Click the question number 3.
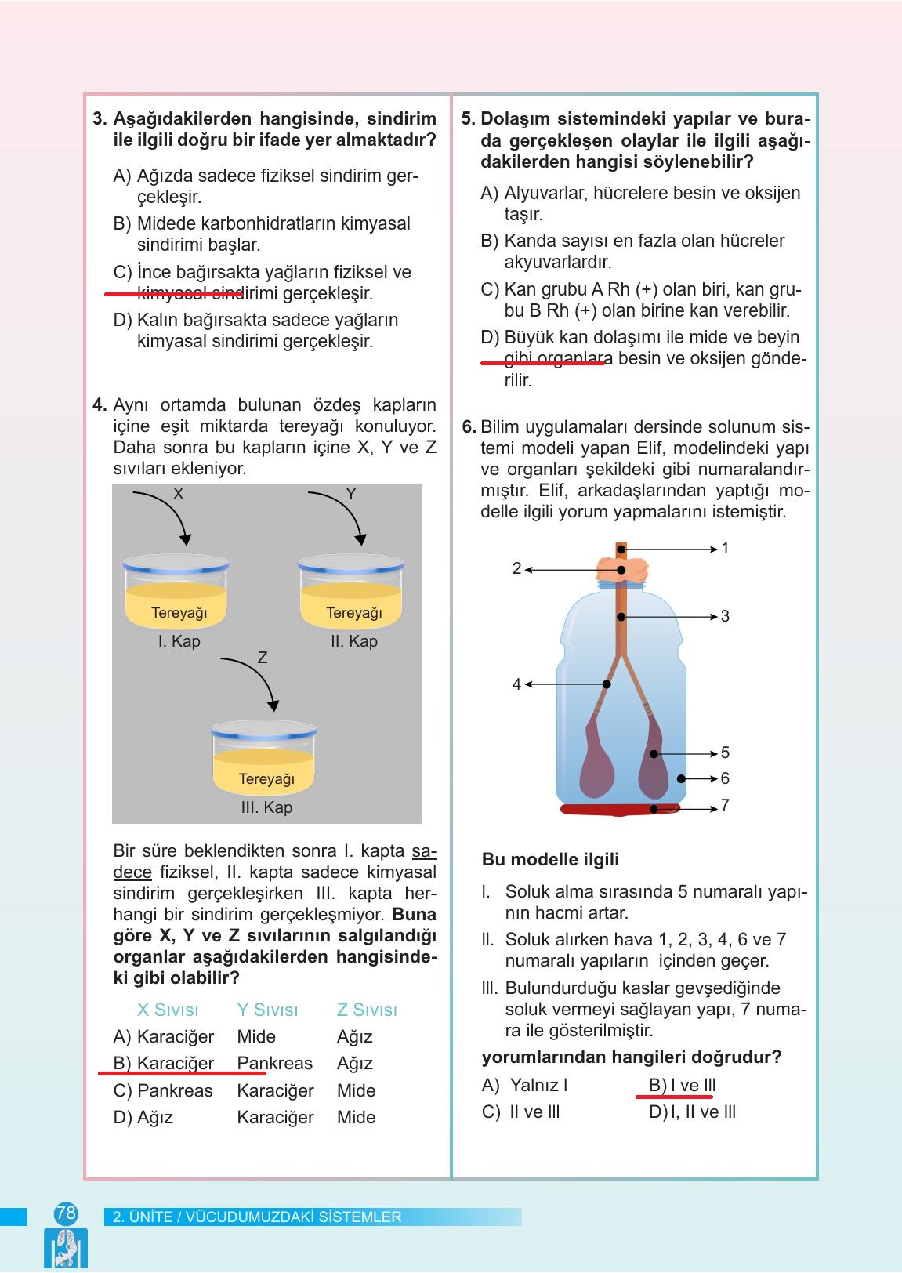100,119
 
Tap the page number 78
66,1213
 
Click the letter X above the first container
179,494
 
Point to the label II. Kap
353,641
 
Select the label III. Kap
266,807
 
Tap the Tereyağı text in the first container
179,613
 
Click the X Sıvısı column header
168,1010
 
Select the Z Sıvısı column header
367,1010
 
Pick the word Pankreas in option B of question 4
274,1064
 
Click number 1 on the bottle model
725,549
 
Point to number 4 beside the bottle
516,684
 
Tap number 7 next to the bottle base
725,805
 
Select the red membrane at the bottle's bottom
619,810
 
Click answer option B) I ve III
682,1086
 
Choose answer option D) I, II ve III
692,1112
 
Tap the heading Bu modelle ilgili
550,860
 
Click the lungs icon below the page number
66,1248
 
